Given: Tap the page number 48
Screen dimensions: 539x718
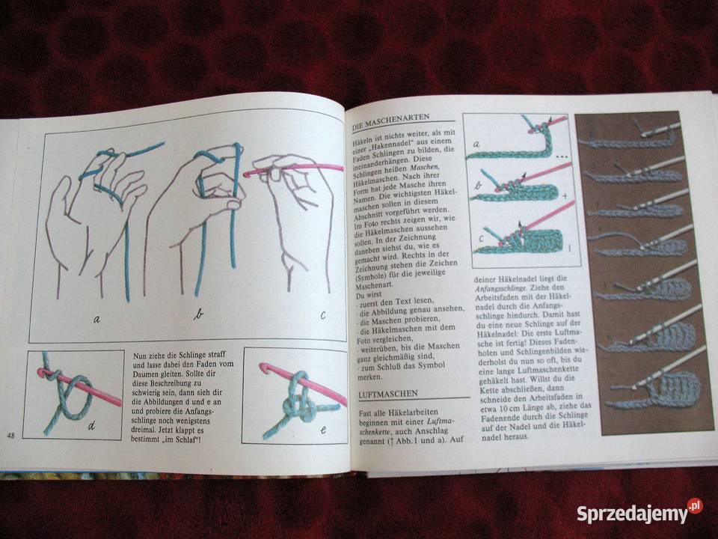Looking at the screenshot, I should click(11, 436).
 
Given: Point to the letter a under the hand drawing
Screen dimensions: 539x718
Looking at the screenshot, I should click(97, 319).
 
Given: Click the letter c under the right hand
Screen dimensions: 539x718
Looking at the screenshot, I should click(322, 315).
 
